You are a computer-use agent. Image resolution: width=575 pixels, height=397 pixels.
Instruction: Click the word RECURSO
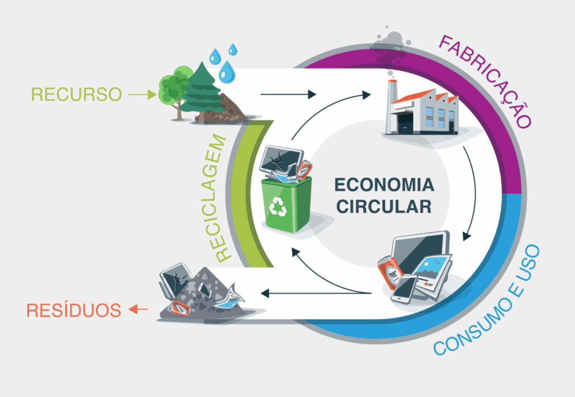(76, 94)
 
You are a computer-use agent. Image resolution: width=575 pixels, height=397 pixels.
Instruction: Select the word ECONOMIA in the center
(384, 185)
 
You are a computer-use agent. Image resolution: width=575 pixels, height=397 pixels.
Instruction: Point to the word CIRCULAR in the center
(384, 206)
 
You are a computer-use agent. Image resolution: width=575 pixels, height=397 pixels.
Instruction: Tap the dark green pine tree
(200, 93)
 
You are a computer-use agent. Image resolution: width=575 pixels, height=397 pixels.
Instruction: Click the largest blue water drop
(227, 71)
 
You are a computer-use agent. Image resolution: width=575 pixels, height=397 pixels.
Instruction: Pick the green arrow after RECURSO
(142, 95)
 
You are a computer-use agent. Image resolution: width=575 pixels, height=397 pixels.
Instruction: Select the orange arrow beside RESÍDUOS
(138, 309)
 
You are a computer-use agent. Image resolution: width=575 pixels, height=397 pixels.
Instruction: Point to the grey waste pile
(205, 294)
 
